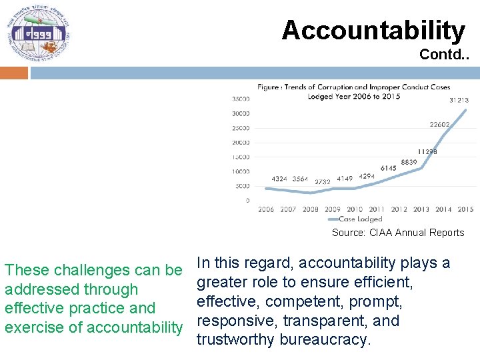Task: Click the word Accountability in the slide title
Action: [373, 30]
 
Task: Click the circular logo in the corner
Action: [38, 33]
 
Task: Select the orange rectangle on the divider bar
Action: [14, 73]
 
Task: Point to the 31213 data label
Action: [458, 100]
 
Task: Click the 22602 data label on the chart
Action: [439, 125]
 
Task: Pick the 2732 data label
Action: [323, 182]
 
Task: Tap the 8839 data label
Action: [409, 163]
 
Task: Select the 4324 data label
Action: [279, 179]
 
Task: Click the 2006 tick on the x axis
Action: [266, 209]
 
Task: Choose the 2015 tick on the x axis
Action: [465, 209]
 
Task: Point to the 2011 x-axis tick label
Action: [377, 209]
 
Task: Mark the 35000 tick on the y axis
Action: [241, 99]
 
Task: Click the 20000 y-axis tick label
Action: [241, 142]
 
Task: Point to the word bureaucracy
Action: [325, 340]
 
